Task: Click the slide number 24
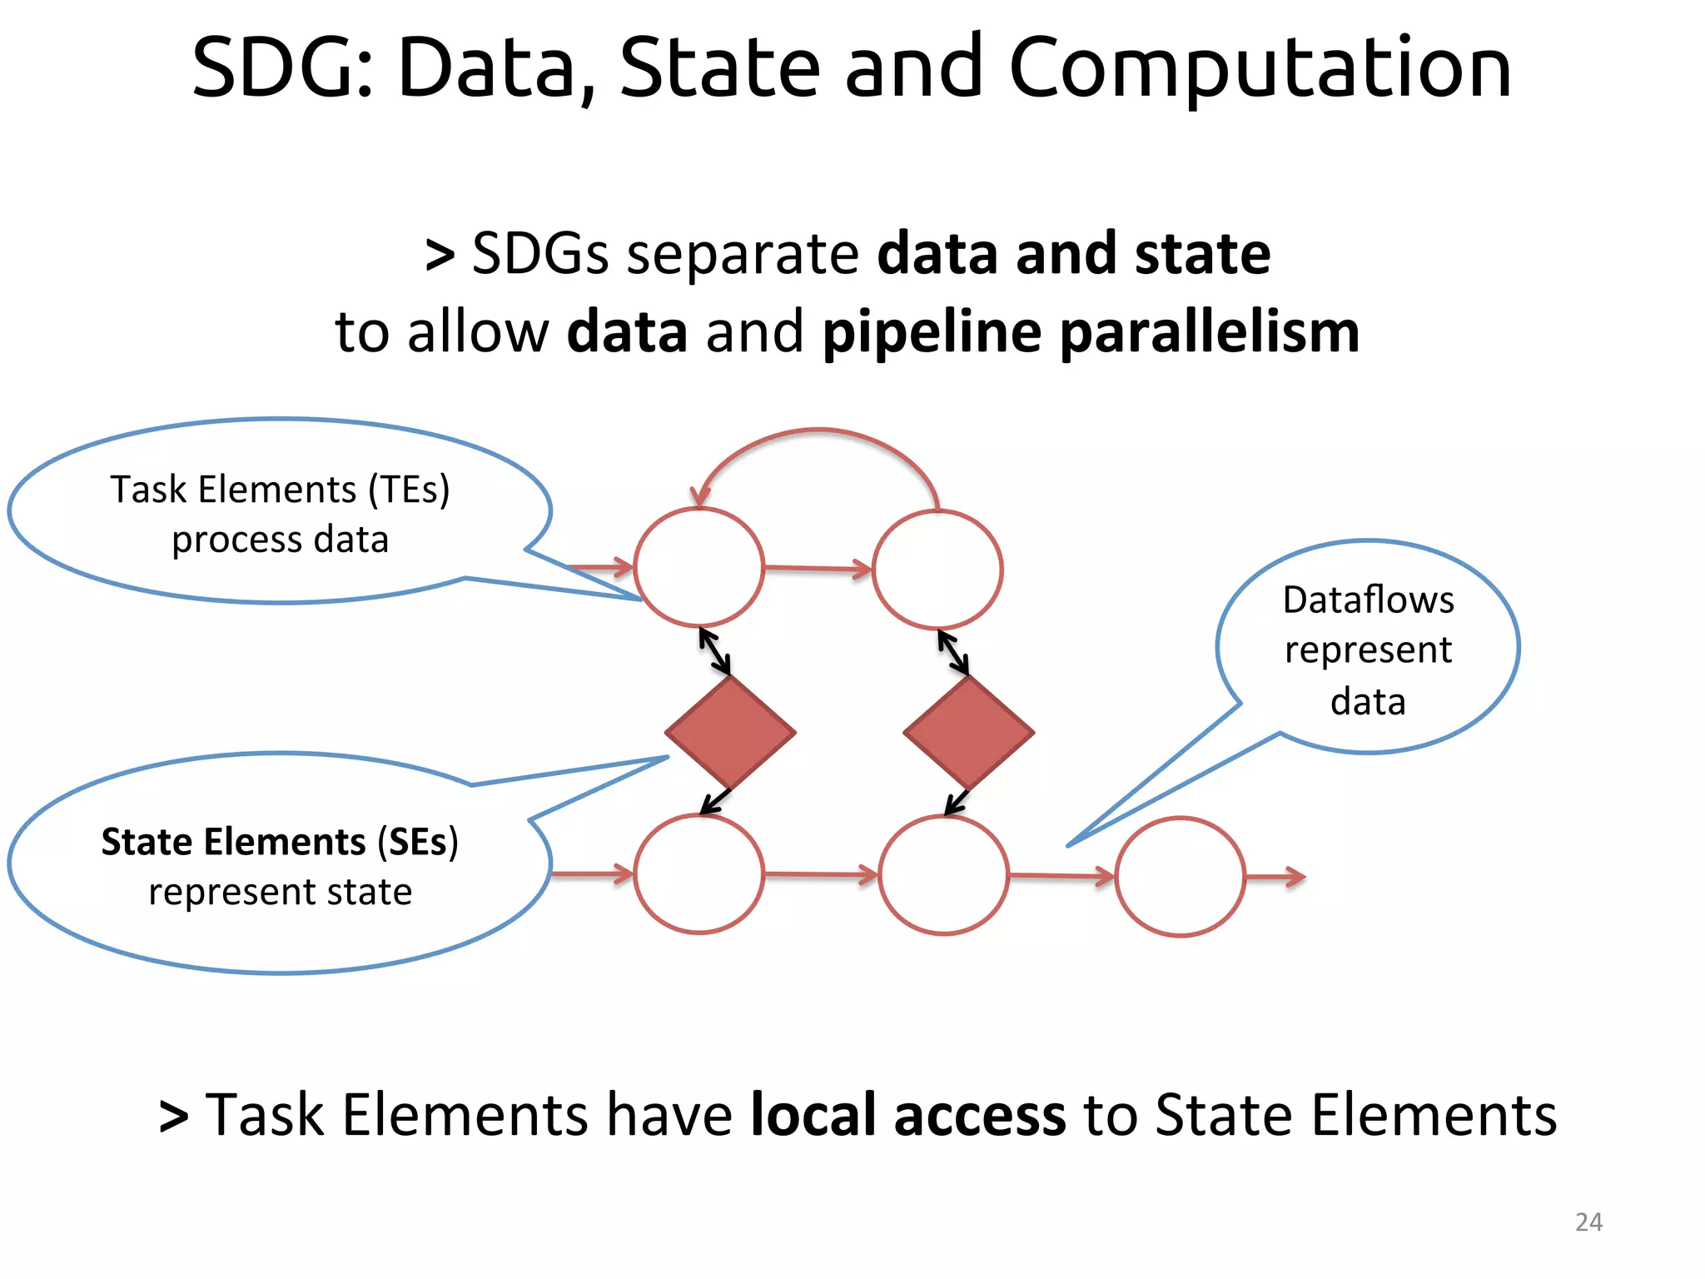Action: point(1588,1222)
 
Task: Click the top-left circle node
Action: point(698,568)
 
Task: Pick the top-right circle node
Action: point(937,570)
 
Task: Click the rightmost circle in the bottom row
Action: point(1180,877)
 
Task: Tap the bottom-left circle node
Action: point(698,874)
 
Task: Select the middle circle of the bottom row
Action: point(943,875)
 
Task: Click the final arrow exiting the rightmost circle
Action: point(1275,877)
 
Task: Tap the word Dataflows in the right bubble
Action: point(1368,600)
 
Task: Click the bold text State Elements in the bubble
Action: point(233,841)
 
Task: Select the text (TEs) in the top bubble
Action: point(409,489)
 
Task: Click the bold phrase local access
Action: point(907,1114)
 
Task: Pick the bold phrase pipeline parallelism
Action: point(1091,331)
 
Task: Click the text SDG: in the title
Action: point(283,68)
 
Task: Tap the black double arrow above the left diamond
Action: point(714,651)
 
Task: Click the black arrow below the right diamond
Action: point(957,802)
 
